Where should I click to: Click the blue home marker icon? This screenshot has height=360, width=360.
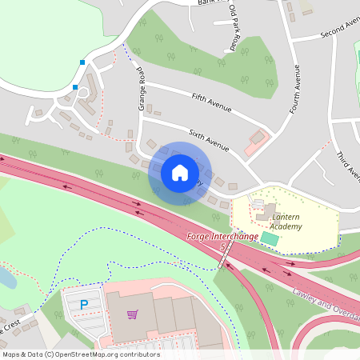180,172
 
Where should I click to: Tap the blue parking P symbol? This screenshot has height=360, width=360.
84,305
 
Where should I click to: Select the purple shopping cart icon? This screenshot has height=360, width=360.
132,314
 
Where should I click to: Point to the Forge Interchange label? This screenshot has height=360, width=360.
222,237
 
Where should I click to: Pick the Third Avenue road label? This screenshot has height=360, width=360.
345,166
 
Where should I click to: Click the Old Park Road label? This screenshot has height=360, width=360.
234,29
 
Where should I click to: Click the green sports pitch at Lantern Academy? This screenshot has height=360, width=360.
270,238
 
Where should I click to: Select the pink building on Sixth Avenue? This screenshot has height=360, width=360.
256,142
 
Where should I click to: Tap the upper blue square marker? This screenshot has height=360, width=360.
81,62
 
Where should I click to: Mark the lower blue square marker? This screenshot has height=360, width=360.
75,87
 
